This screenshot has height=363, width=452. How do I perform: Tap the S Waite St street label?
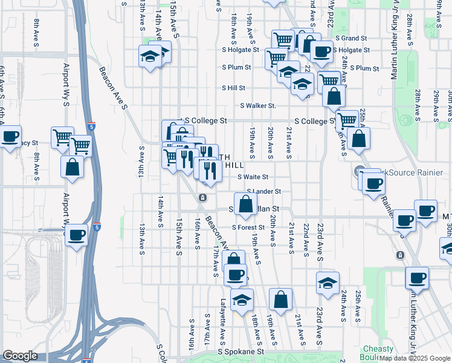[253, 177]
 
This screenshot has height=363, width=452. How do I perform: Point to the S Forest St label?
[248, 227]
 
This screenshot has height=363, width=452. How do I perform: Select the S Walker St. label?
[258, 105]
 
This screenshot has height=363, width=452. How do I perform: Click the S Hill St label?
[233, 88]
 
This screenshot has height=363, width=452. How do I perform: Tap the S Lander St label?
[265, 192]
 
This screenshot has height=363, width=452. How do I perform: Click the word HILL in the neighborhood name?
[235, 165]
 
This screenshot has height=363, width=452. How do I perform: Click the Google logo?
[20, 356]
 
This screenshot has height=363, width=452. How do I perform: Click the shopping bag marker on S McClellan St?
[245, 204]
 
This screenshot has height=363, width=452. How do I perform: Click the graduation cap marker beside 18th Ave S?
[242, 300]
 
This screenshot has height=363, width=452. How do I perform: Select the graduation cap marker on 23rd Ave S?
[328, 283]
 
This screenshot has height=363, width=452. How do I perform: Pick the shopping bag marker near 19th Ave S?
[281, 299]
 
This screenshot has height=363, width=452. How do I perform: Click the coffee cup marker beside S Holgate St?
[321, 52]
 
